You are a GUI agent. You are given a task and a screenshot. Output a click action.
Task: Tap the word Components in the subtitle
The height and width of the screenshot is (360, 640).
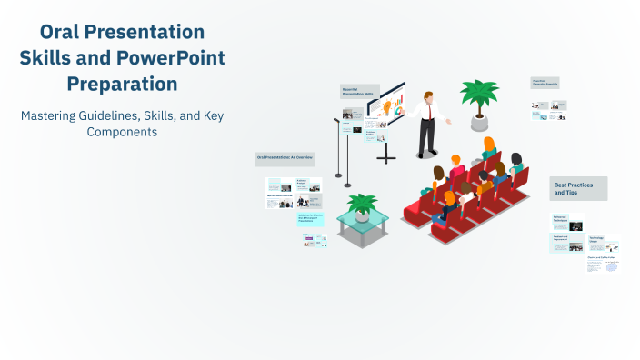[x=122, y=132]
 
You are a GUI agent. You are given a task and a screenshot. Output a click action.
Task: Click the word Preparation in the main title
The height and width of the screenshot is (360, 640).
[x=122, y=85]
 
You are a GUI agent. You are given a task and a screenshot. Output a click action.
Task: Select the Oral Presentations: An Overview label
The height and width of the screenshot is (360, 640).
[x=285, y=158]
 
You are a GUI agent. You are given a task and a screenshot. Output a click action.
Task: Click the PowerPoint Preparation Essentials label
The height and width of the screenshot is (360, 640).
[x=545, y=83]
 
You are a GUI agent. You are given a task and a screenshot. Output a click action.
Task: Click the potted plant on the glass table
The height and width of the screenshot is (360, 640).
[x=362, y=205]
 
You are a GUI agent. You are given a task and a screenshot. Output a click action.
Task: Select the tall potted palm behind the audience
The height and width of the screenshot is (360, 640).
[x=478, y=100]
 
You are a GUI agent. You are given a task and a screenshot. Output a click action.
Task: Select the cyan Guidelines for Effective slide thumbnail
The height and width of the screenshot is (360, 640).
[x=309, y=219]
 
